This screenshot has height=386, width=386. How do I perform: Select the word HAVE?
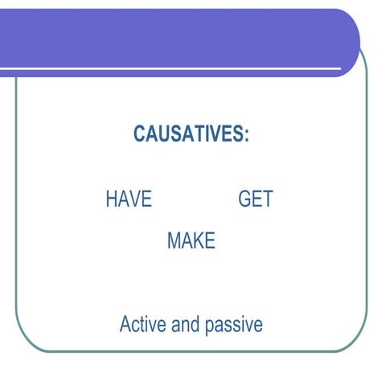coord(129,199)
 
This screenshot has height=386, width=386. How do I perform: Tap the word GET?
coord(256,199)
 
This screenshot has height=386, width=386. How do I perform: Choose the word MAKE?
coord(191,240)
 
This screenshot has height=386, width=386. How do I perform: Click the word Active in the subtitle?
coord(142,325)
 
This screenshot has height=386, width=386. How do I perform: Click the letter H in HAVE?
coord(111,199)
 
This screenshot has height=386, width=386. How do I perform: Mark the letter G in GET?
coord(245,199)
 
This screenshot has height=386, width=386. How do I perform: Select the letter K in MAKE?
coord(199,240)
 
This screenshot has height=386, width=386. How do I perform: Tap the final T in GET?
coord(268,199)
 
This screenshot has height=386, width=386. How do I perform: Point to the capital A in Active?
coord(125,325)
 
